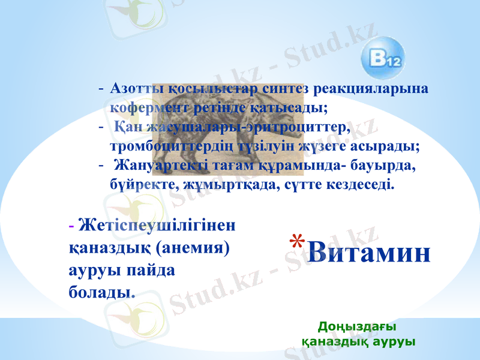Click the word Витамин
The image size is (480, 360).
370,253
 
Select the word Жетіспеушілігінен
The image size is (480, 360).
157,226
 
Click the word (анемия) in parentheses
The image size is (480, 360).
193,247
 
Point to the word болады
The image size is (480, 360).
100,290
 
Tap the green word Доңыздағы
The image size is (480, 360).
356,327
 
